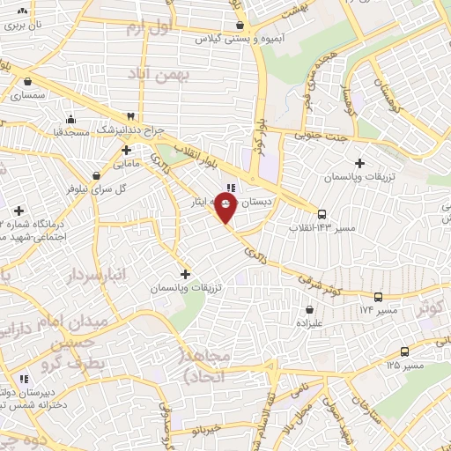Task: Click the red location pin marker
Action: click(x=226, y=208)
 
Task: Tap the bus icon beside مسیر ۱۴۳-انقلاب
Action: click(x=322, y=214)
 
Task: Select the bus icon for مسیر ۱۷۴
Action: click(x=378, y=297)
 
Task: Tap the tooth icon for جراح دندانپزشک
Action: click(x=131, y=115)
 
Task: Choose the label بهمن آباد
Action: click(x=159, y=77)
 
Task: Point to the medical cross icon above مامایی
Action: click(x=127, y=150)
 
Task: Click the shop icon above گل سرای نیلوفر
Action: click(x=96, y=175)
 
